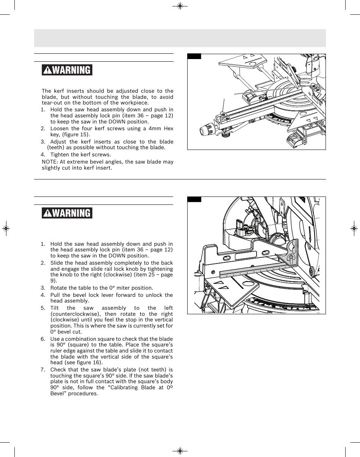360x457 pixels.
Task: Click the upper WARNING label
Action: click(67, 70)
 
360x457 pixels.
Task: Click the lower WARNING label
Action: click(67, 213)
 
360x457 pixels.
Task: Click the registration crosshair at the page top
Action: click(180, 6)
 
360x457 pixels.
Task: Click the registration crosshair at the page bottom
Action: click(180, 451)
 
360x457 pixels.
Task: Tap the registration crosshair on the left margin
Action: click(6, 229)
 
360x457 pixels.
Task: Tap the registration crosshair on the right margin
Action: click(354, 229)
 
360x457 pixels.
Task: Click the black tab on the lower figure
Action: click(194, 199)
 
